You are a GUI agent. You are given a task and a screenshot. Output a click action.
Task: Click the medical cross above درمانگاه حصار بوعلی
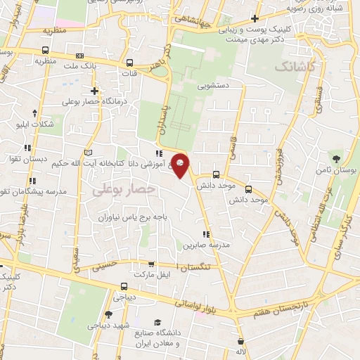point(94,91)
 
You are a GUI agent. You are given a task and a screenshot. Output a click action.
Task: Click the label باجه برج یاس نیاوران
point(134,218)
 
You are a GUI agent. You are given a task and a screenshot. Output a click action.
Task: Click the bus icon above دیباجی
point(124,286)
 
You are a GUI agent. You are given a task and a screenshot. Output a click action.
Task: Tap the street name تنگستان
point(201,269)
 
